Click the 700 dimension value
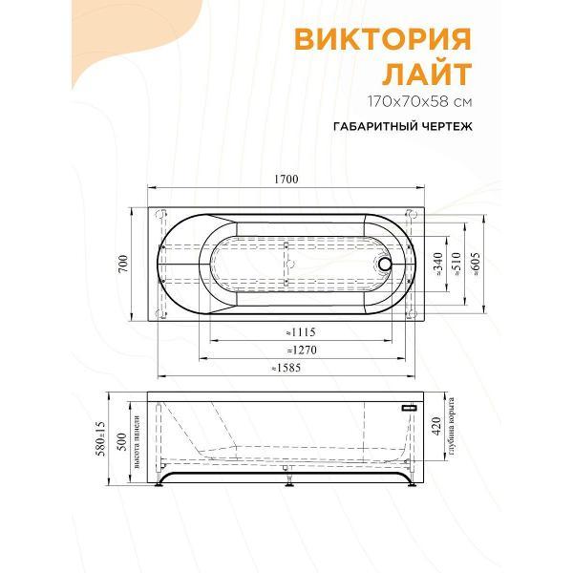(x=123, y=264)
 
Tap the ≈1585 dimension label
(x=286, y=368)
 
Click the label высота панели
(x=139, y=442)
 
